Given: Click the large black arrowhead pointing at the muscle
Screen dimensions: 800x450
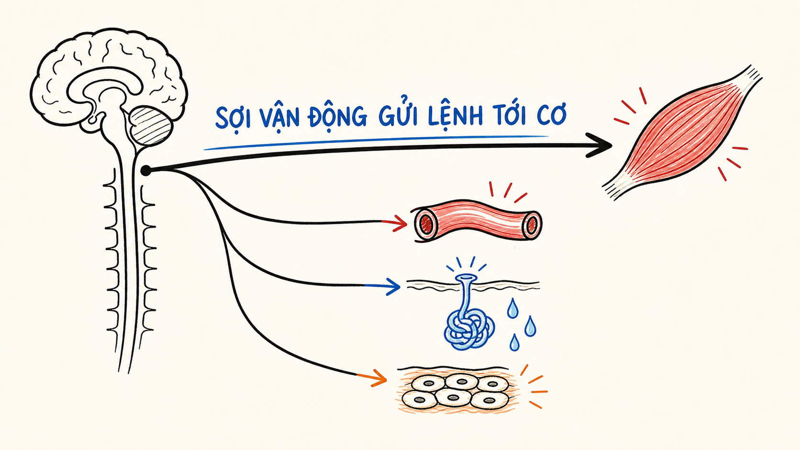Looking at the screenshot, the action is (x=600, y=145).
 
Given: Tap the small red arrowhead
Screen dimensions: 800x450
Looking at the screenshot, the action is (x=400, y=223).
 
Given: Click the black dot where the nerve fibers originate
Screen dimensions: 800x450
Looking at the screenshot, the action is (x=146, y=171).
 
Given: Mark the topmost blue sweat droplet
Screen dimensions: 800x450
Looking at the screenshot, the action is (x=512, y=309).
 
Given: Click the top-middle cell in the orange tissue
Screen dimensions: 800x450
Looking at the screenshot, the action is (x=461, y=382).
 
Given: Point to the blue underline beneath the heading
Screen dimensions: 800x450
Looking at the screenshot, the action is (x=376, y=142).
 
